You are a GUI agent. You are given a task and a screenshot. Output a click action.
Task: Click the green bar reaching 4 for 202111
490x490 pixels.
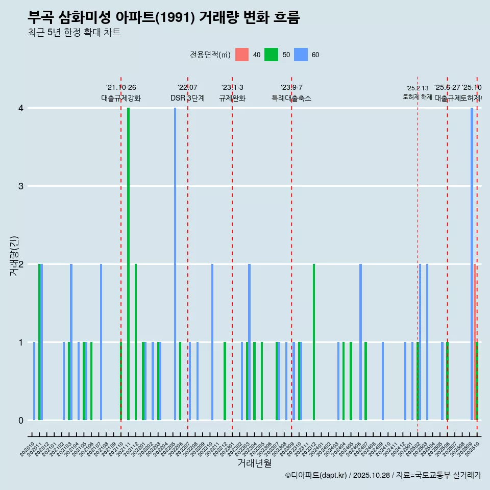tap(128, 263)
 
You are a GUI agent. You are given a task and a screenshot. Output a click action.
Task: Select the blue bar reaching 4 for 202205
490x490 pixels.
tap(175, 263)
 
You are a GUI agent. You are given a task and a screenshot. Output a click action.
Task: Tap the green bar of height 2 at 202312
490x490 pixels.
tap(314, 342)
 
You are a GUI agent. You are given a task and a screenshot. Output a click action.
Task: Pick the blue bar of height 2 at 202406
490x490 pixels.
tap(360, 342)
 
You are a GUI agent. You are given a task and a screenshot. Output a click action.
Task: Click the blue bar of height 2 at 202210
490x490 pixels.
tap(212, 342)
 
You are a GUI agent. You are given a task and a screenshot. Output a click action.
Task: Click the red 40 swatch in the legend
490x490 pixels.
tap(242, 55)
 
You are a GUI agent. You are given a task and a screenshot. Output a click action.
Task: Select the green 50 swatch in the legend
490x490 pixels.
tap(271, 55)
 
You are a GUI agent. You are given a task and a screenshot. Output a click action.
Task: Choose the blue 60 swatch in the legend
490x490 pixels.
tap(301, 55)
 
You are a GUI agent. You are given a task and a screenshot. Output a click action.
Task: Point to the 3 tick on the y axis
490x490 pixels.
tap(21, 186)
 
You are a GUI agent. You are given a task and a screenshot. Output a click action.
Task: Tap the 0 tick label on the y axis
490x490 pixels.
tap(21, 420)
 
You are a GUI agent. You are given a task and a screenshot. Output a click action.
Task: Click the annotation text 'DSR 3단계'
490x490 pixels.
tap(187, 98)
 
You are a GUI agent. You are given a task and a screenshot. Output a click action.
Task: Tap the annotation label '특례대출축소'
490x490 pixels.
tap(291, 98)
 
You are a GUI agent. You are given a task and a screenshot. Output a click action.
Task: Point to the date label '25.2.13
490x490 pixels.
tap(418, 88)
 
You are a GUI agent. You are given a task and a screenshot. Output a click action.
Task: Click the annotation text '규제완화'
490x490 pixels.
tap(232, 98)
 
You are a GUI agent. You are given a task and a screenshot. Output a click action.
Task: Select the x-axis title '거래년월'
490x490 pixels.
tap(254, 463)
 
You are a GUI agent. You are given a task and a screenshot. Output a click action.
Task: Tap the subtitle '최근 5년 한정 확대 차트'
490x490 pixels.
tap(74, 33)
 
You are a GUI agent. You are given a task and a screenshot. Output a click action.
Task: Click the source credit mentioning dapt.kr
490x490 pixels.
tap(383, 475)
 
